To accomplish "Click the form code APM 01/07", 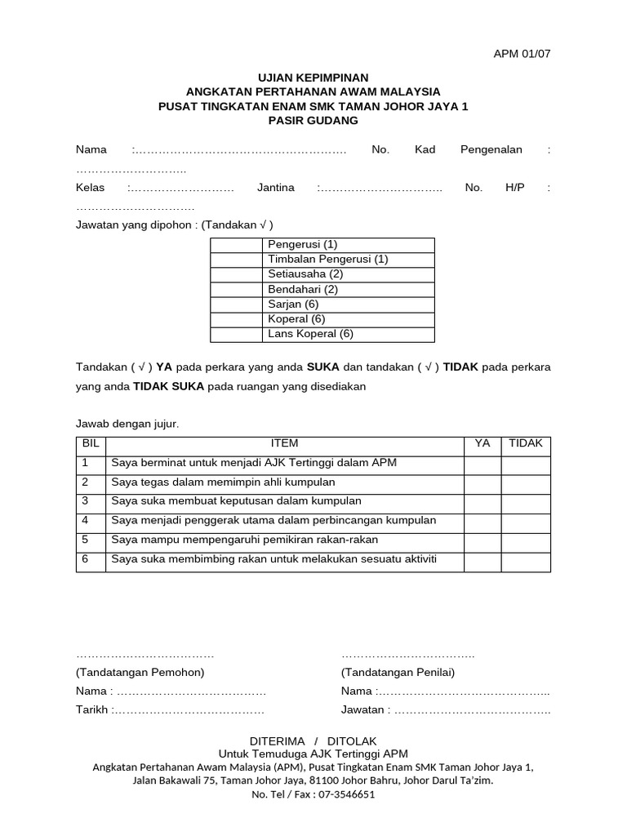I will point(522,54).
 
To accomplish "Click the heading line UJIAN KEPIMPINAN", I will point(313,76).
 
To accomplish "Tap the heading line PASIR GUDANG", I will point(313,121).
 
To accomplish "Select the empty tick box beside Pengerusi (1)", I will point(238,244).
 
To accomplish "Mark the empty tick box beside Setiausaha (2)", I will point(238,274).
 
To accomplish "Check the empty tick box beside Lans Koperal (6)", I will point(238,334).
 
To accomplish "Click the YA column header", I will point(482,443).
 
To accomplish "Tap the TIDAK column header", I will point(526,443).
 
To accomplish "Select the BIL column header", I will point(91,443).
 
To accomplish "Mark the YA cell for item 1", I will point(482,463).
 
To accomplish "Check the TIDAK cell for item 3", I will point(526,501).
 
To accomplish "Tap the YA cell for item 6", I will point(482,560).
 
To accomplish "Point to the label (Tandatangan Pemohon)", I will point(140,672).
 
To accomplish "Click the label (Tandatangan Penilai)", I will point(398,672).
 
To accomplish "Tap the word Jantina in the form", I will point(276,187).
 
